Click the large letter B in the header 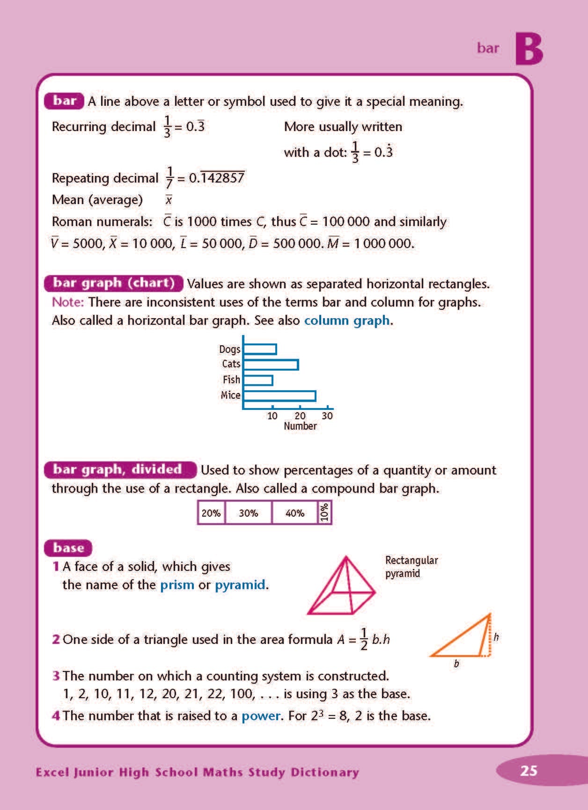[x=529, y=49]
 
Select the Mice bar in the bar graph [x=279, y=396]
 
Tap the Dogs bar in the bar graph [x=260, y=349]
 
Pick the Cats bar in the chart [x=271, y=365]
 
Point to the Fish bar [x=258, y=380]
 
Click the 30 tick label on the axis [x=327, y=416]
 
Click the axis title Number [x=300, y=426]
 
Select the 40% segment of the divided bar [x=295, y=513]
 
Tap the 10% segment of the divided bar [x=324, y=513]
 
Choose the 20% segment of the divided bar [x=211, y=513]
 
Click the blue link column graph [x=347, y=321]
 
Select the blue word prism [x=177, y=585]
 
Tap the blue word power [x=261, y=716]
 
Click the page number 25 [x=529, y=771]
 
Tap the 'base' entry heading [x=68, y=548]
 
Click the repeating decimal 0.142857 [x=217, y=178]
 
